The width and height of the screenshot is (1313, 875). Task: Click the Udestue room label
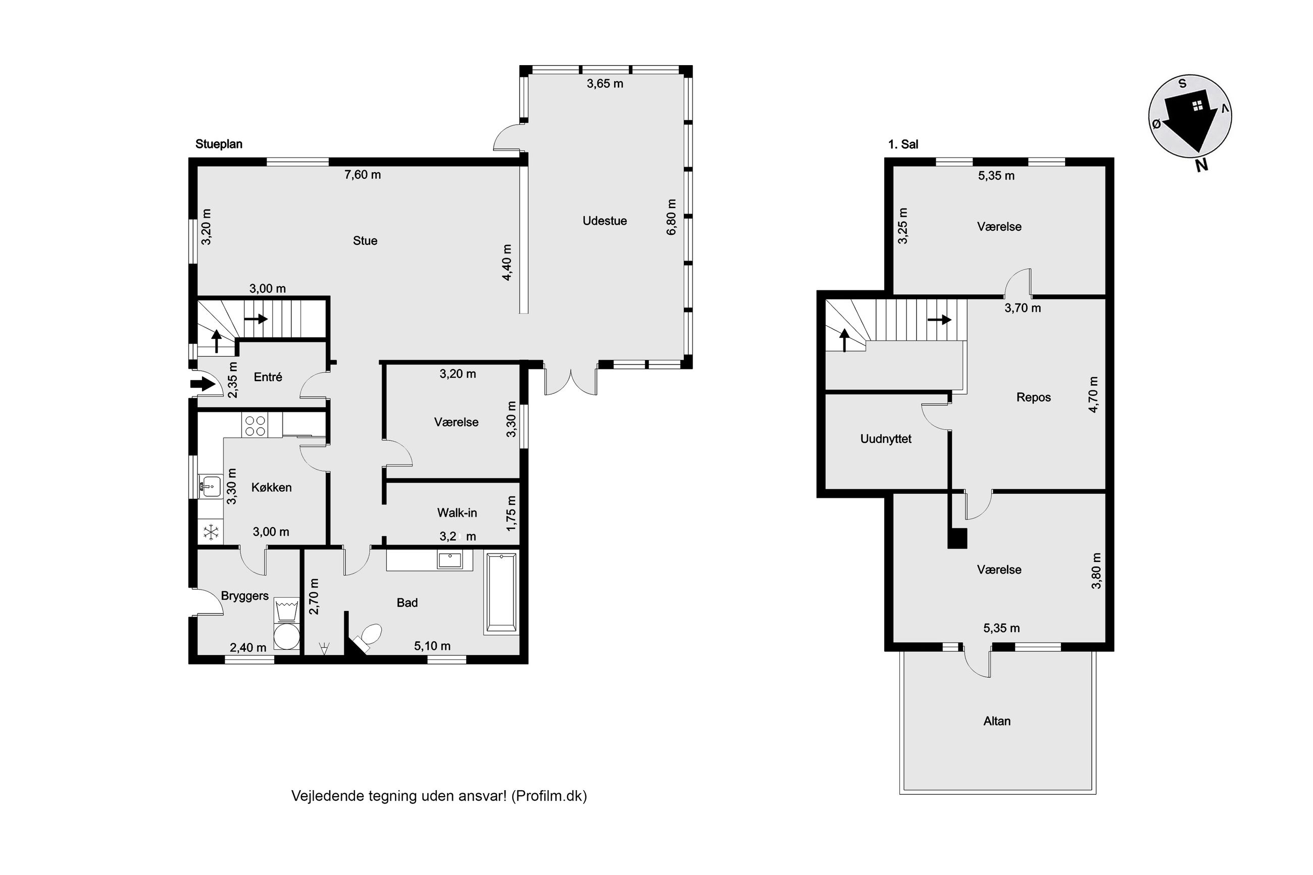pos(604,221)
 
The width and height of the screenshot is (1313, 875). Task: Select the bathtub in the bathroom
pos(501,593)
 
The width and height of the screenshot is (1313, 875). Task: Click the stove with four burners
pos(255,426)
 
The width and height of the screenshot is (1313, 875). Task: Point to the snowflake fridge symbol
pos(211,532)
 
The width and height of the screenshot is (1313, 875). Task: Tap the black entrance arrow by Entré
pos(203,384)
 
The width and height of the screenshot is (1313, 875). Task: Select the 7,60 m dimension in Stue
pos(363,175)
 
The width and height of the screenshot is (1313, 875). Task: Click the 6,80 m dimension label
pos(671,217)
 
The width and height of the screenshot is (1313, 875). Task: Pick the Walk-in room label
pos(457,512)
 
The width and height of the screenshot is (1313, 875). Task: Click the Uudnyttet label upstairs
pos(886,439)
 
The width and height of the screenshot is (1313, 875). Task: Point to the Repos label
pos(1033,397)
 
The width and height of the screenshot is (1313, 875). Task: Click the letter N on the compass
pos(1201,165)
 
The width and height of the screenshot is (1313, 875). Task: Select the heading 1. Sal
pos(903,144)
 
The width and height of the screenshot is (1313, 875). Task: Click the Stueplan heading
pos(219,144)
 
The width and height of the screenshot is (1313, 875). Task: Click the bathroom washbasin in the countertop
pos(449,559)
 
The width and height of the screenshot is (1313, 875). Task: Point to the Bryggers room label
pos(244,596)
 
